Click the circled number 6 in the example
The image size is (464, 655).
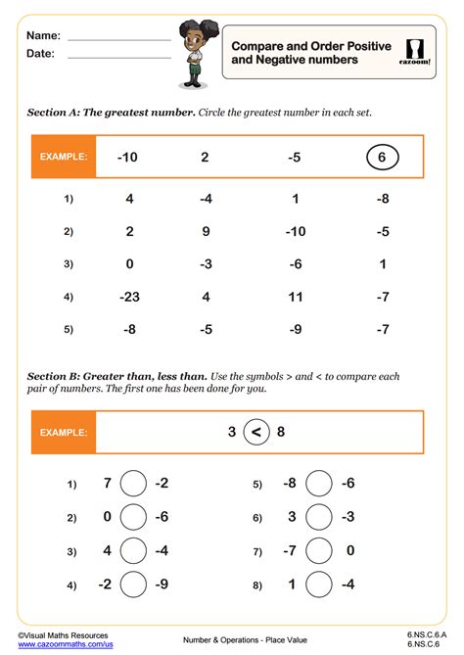pyautogui.click(x=382, y=157)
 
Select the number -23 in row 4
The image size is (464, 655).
pyautogui.click(x=129, y=296)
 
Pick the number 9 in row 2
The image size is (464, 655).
pyautogui.click(x=205, y=231)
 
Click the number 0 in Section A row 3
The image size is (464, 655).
pyautogui.click(x=129, y=263)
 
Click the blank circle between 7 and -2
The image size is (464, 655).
pyautogui.click(x=134, y=484)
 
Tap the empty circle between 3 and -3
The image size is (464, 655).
pyautogui.click(x=318, y=517)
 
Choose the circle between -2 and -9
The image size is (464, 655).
pyautogui.click(x=134, y=585)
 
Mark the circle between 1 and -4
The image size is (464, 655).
pyautogui.click(x=318, y=585)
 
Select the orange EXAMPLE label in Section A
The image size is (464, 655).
pyautogui.click(x=64, y=157)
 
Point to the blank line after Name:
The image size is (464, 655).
pyautogui.click(x=118, y=39)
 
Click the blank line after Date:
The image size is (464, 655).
pyautogui.click(x=118, y=58)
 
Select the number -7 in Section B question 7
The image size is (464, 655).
pyautogui.click(x=290, y=551)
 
